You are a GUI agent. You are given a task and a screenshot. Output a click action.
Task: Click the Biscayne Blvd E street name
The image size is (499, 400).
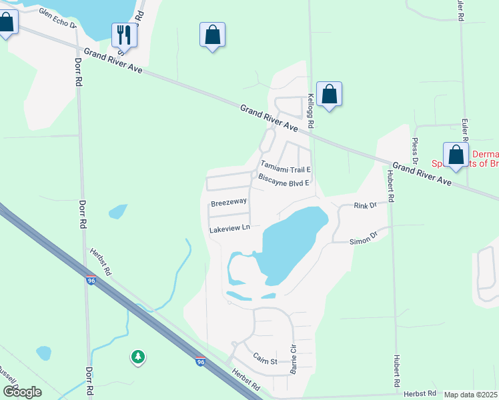tap(284, 181)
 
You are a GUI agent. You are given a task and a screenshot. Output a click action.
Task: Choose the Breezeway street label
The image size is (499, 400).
tap(229, 201)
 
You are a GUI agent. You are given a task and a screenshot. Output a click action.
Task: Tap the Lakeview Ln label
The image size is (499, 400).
tap(229, 228)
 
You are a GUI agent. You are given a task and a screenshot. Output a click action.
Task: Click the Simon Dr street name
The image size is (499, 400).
tap(364, 237)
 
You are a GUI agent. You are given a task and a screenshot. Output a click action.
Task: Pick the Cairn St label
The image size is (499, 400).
tap(264, 361)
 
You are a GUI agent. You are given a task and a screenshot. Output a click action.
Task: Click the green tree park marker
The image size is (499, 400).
tap(138, 357)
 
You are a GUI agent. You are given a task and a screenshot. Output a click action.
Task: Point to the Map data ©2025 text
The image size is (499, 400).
tap(470, 395)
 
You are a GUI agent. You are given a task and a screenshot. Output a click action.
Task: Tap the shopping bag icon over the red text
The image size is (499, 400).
tap(456, 155)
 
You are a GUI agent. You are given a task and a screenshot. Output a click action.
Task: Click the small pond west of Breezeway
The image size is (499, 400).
tap(117, 211)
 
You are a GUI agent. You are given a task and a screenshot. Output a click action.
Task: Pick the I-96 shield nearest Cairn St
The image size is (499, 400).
tap(200, 361)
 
